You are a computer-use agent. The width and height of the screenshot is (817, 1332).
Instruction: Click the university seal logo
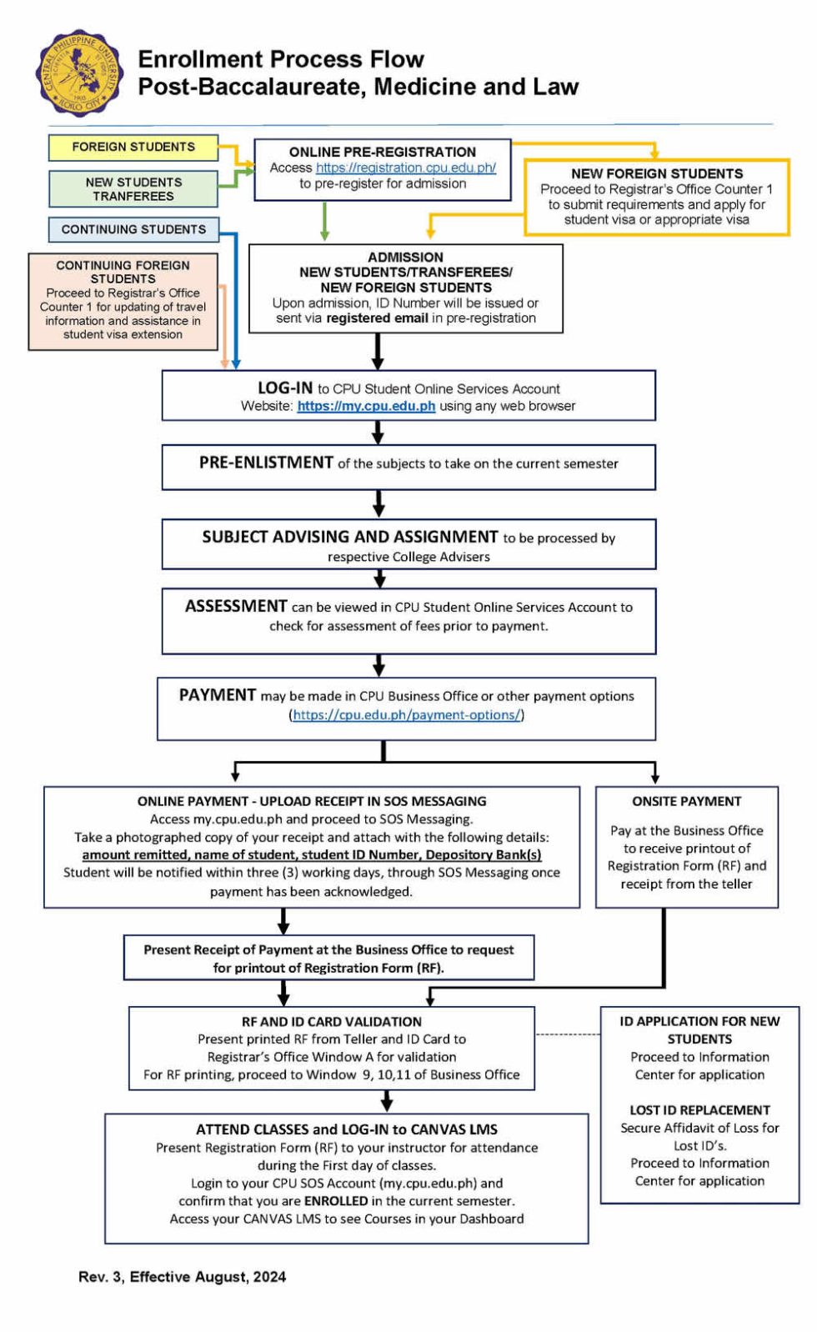coord(79,73)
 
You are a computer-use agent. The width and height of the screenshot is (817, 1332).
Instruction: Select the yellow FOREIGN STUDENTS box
coord(133,147)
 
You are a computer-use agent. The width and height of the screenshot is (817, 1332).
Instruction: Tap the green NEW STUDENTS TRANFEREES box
coord(133,189)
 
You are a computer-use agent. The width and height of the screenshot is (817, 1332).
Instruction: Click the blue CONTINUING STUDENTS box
coord(133,229)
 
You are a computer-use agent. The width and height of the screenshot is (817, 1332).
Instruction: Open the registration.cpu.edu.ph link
coord(406,168)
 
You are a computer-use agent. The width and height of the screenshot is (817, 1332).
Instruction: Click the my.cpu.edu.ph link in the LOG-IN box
coord(366,406)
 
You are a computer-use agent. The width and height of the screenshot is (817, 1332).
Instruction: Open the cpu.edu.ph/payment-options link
coord(407,715)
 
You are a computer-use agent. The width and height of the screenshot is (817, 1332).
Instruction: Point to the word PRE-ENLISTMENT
coord(266,463)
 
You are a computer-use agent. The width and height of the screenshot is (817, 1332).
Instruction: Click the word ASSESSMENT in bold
coord(236,607)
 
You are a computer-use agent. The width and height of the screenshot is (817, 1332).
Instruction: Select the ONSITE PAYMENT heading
coord(686,801)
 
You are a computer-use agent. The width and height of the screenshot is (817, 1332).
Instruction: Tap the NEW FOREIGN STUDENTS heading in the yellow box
coord(657,173)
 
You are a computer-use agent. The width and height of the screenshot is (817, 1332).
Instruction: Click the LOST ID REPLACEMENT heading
coord(699,1110)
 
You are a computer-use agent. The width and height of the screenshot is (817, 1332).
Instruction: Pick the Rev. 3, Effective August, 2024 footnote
coord(182,1276)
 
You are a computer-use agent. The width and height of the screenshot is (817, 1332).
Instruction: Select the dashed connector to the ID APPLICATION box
coord(567,1034)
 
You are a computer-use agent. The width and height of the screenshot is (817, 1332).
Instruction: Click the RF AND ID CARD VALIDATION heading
coord(332,1021)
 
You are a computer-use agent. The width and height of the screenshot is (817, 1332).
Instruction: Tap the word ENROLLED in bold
coord(335,1201)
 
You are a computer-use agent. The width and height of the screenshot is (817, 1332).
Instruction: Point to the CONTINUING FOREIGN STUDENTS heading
coord(123,272)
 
